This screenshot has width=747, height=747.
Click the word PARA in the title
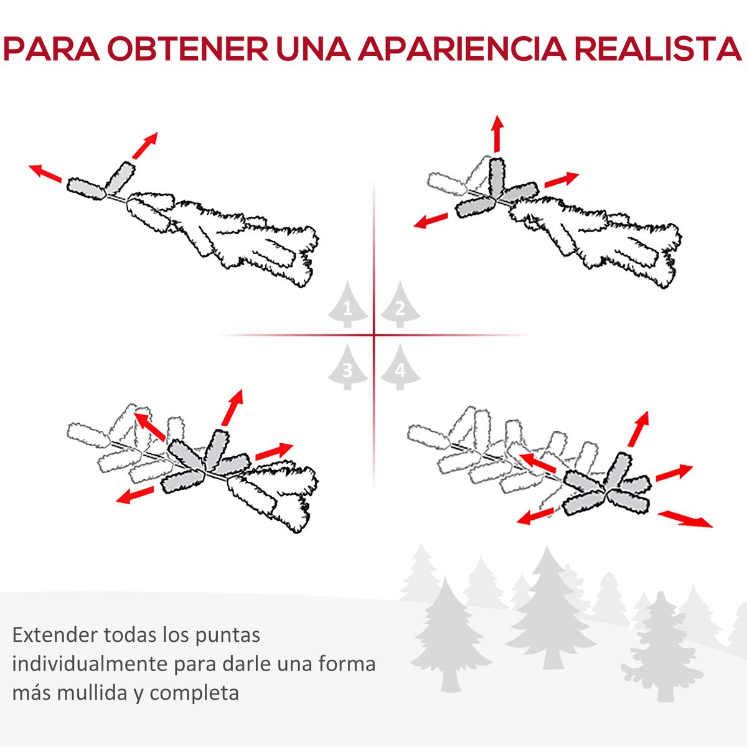tap(51, 49)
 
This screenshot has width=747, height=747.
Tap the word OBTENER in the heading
tap(188, 49)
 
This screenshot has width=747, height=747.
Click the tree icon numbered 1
tap(347, 304)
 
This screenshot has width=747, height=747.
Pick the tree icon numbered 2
tap(400, 304)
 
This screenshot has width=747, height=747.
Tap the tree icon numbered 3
tap(347, 367)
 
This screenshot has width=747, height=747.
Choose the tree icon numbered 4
tap(400, 367)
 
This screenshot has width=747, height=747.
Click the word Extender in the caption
tap(55, 635)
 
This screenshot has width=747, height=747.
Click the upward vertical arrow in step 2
tap(497, 134)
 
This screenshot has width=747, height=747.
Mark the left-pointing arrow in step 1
tap(45, 173)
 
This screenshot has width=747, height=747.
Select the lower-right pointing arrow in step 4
tap(685, 519)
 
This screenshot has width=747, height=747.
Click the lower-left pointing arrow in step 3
tap(135, 496)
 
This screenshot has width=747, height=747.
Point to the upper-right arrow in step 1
tap(145, 146)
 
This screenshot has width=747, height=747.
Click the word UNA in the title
tap(313, 49)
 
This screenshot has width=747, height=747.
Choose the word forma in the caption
tap(347, 664)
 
